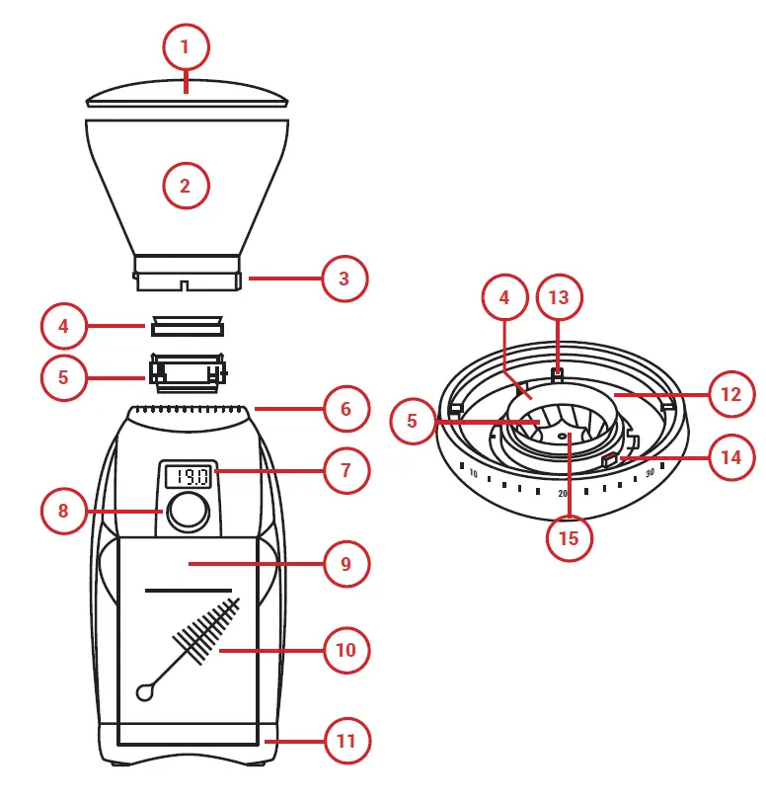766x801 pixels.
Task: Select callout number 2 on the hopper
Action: [x=186, y=185]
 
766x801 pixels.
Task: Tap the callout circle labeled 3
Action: [x=344, y=279]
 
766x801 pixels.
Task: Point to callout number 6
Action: [x=346, y=409]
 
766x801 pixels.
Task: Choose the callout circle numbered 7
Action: [x=346, y=470]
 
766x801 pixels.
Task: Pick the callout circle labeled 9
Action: [x=346, y=565]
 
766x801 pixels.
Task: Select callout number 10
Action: [x=346, y=651]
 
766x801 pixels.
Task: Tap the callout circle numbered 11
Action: [x=346, y=740]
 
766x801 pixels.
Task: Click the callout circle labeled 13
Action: [x=560, y=296]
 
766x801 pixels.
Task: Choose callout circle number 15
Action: [x=570, y=538]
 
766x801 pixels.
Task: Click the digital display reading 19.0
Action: [x=188, y=477]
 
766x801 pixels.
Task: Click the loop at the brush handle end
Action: [x=146, y=692]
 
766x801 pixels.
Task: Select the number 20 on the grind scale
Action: [x=563, y=493]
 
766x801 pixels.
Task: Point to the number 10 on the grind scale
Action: [x=474, y=475]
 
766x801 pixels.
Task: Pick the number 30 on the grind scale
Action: [x=650, y=473]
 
